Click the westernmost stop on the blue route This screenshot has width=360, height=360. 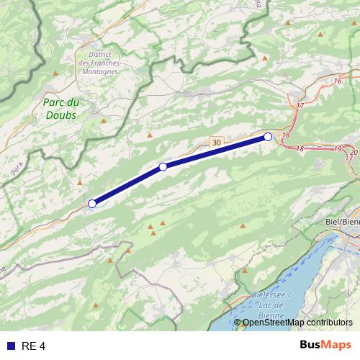coord(92,204)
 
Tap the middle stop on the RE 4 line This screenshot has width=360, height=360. coord(163,167)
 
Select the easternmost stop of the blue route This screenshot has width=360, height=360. coord(268,136)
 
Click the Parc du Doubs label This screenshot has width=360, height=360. coord(60,109)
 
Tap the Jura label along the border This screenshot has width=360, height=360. coord(18,168)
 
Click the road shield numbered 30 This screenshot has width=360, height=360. coord(217,143)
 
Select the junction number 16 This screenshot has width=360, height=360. coord(338,81)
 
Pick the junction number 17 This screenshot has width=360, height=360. coord(300,106)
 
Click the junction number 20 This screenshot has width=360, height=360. coord(353,152)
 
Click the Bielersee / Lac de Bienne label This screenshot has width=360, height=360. coord(272,303)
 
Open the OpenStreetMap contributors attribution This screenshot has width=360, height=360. coord(297,322)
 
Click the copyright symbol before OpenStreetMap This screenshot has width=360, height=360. coord(238,322)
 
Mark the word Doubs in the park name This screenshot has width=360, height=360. coord(60,115)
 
